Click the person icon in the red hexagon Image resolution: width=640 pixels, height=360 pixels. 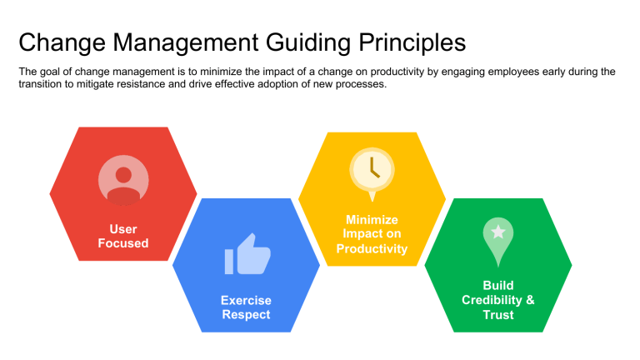click(123, 180)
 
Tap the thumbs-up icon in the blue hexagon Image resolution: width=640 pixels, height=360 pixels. click(245, 255)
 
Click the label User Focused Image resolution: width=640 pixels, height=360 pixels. click(123, 237)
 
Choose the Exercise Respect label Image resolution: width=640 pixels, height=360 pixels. click(246, 307)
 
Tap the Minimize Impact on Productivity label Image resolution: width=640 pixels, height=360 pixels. click(372, 234)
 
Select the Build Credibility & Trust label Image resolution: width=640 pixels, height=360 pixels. click(497, 300)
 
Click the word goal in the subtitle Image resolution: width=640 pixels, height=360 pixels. click(52, 72)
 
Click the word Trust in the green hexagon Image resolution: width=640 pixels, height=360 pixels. click(497, 315)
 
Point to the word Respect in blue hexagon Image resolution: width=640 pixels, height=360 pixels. click(246, 315)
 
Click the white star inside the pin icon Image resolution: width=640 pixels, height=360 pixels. click(497, 232)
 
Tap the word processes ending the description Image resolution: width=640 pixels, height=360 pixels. click(361, 85)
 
